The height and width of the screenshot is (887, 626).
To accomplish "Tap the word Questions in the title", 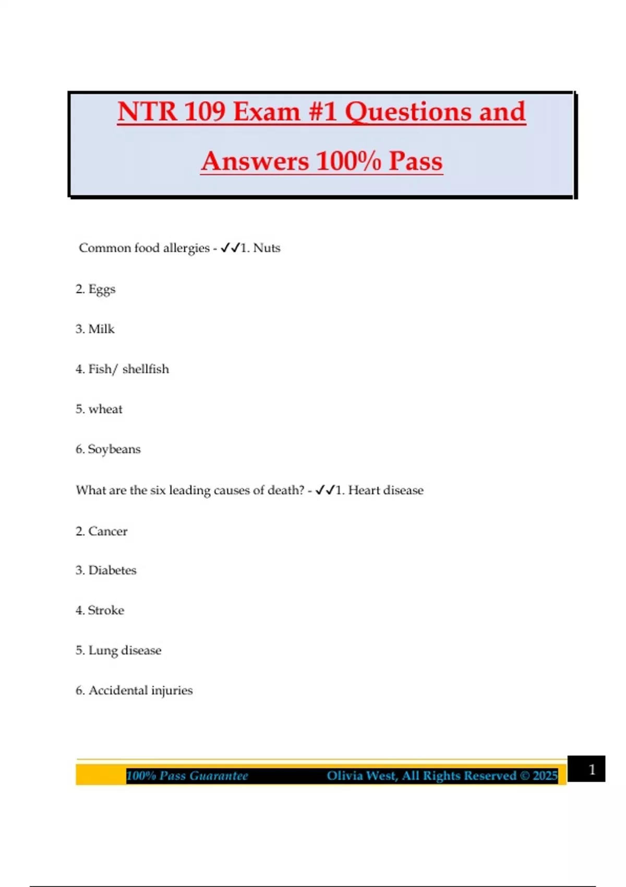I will tap(408, 112).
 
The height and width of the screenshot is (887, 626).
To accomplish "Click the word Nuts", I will tap(267, 248).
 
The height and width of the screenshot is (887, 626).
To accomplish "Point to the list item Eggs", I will tap(102, 289).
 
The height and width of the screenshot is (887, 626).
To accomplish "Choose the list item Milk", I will tap(101, 329).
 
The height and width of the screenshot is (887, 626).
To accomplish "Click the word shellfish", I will tap(146, 369).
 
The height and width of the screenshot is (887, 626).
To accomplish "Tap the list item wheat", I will tap(105, 409).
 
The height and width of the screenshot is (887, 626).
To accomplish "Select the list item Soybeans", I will tap(114, 449).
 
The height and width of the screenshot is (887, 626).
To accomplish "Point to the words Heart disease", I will tap(386, 490).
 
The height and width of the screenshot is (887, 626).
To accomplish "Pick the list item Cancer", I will tap(107, 531).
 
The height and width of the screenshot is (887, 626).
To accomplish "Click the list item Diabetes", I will tap(112, 570).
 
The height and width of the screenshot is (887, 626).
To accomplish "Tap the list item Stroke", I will tap(106, 610).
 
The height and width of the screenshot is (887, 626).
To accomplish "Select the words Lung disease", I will tap(125, 651).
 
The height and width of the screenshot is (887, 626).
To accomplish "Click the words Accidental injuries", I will tap(140, 690).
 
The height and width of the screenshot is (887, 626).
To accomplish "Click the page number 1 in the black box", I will tap(592, 770).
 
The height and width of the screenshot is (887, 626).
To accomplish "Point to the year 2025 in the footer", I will tap(545, 776).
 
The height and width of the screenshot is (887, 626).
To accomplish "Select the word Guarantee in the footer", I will tap(219, 776).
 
